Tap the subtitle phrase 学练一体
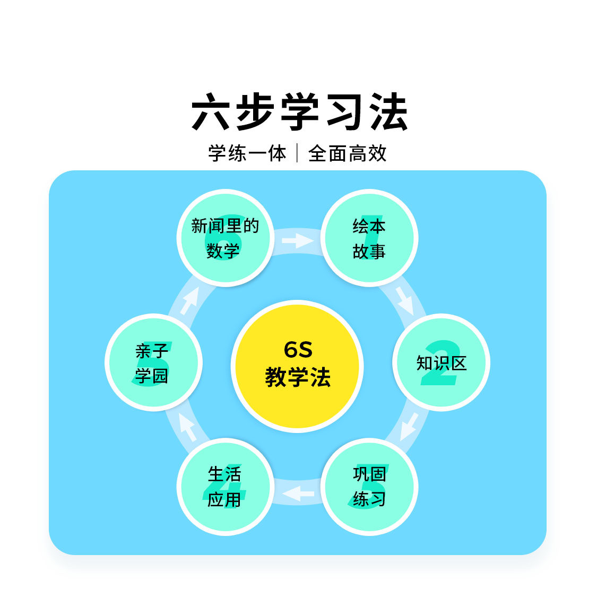(247, 153)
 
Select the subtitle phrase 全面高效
(348, 153)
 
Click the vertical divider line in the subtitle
(297, 153)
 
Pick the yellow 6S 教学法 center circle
(297, 366)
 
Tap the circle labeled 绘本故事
(369, 238)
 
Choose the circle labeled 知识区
(441, 362)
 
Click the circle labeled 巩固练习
(369, 487)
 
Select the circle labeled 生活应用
(225, 487)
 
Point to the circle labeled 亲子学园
(153, 362)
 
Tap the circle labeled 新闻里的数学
(225, 238)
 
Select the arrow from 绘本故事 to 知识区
(405, 300)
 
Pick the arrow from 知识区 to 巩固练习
(409, 426)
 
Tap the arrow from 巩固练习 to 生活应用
(298, 494)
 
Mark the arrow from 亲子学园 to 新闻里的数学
(189, 300)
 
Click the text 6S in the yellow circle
(298, 350)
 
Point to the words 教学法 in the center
(298, 377)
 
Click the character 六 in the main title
(211, 112)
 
